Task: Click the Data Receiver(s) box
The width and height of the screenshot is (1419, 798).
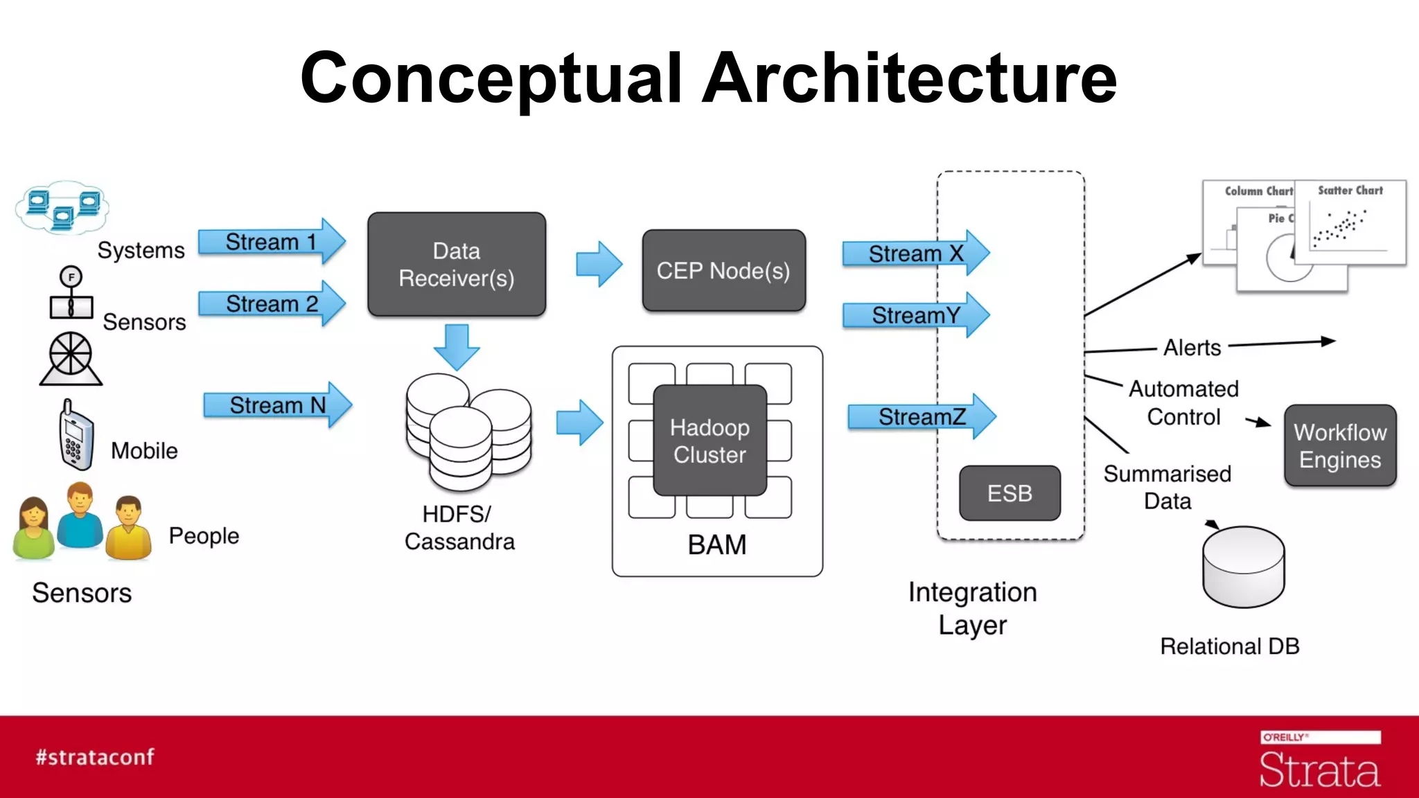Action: (457, 265)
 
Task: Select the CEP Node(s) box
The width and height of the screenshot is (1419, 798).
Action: (723, 271)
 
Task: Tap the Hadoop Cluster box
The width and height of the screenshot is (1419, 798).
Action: (709, 441)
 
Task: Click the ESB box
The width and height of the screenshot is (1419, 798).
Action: (1010, 493)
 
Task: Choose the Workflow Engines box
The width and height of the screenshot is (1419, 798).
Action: (1340, 445)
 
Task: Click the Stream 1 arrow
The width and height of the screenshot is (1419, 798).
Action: (272, 242)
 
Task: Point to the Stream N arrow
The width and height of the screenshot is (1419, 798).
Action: (277, 405)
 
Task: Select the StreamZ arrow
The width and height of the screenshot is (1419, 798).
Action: (922, 417)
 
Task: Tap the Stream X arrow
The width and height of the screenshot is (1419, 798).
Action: (915, 254)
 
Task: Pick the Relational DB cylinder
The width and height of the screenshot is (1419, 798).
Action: (1244, 567)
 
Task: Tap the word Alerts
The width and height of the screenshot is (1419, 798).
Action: (1192, 347)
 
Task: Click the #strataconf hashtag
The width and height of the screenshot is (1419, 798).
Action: (95, 757)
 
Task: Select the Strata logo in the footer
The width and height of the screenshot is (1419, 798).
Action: (1319, 762)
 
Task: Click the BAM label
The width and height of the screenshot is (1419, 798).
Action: (717, 544)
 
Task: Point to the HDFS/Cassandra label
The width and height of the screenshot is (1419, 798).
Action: (459, 528)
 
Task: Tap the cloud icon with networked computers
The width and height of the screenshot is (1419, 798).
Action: (62, 208)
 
